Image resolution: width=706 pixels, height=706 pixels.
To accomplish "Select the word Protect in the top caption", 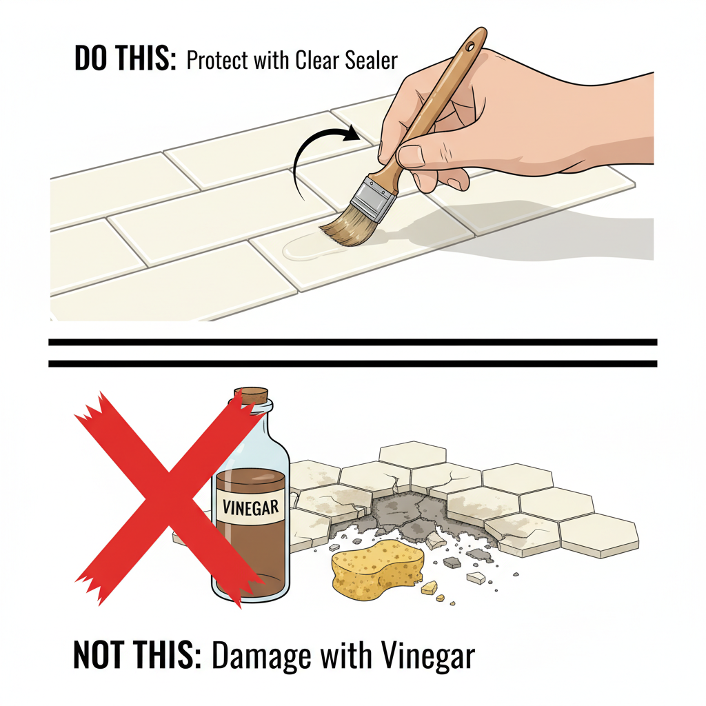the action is (x=217, y=61).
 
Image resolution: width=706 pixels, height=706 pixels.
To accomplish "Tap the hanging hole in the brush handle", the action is (x=470, y=46).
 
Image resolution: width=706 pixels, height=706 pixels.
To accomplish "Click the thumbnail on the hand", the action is (x=411, y=156).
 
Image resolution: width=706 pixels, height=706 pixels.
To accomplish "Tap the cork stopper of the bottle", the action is (x=252, y=396).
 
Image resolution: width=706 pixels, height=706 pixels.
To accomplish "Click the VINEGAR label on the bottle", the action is (x=251, y=507).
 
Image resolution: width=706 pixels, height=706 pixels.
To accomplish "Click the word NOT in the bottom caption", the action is (x=99, y=654).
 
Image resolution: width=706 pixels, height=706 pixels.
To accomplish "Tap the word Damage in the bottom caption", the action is (x=262, y=656).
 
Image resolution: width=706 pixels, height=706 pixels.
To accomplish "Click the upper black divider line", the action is (x=352, y=342).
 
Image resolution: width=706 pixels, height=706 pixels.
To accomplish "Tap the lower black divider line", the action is (x=352, y=363).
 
